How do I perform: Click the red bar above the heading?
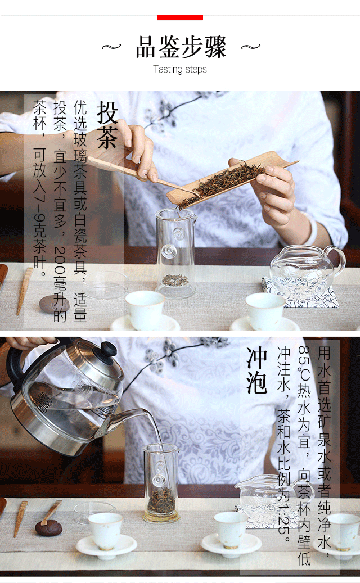point(180,17)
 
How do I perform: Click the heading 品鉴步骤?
point(181,47)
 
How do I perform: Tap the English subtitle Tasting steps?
point(180,70)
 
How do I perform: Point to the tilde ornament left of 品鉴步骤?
point(111,47)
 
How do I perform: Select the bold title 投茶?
point(107,125)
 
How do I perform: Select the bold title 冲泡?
point(257,370)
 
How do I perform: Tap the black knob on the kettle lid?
point(109,349)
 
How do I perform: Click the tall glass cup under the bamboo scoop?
point(175,252)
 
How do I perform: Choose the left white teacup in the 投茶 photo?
point(145,310)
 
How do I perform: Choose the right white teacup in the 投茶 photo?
point(265,311)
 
